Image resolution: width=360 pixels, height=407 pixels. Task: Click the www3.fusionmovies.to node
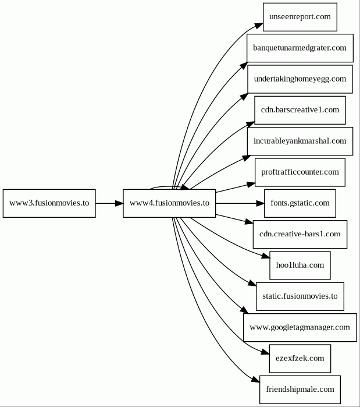pos(49,203)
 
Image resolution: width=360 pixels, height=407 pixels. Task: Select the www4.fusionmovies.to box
pos(169,203)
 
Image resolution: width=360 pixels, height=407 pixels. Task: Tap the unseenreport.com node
pos(300,17)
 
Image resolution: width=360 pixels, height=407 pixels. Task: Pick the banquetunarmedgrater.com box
pos(300,48)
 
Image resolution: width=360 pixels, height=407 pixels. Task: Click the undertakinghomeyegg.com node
pos(300,79)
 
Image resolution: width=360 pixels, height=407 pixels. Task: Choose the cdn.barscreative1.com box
pos(300,110)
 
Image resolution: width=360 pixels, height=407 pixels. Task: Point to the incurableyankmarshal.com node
pos(300,141)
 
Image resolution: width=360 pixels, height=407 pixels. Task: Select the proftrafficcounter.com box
pos(300,172)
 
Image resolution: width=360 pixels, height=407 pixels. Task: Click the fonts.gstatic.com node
pos(300,203)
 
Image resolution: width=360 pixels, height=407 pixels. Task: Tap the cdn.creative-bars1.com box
pos(300,235)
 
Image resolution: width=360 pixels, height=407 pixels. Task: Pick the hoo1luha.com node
pos(300,266)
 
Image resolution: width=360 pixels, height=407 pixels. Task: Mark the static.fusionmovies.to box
pos(300,296)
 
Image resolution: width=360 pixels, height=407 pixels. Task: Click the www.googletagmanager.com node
pos(300,328)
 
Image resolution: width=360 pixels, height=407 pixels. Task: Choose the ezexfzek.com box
pos(300,359)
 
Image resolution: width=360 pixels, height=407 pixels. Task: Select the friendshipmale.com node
pos(300,390)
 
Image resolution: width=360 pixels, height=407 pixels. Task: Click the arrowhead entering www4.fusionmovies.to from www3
pos(119,203)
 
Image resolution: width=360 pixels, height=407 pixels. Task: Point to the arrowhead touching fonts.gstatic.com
pos(260,203)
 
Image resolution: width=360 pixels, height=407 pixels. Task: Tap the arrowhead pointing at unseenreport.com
pos(259,26)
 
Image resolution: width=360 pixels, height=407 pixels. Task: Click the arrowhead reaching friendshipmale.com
pos(255,380)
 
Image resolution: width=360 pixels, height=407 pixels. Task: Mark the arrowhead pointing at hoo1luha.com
pos(266,256)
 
